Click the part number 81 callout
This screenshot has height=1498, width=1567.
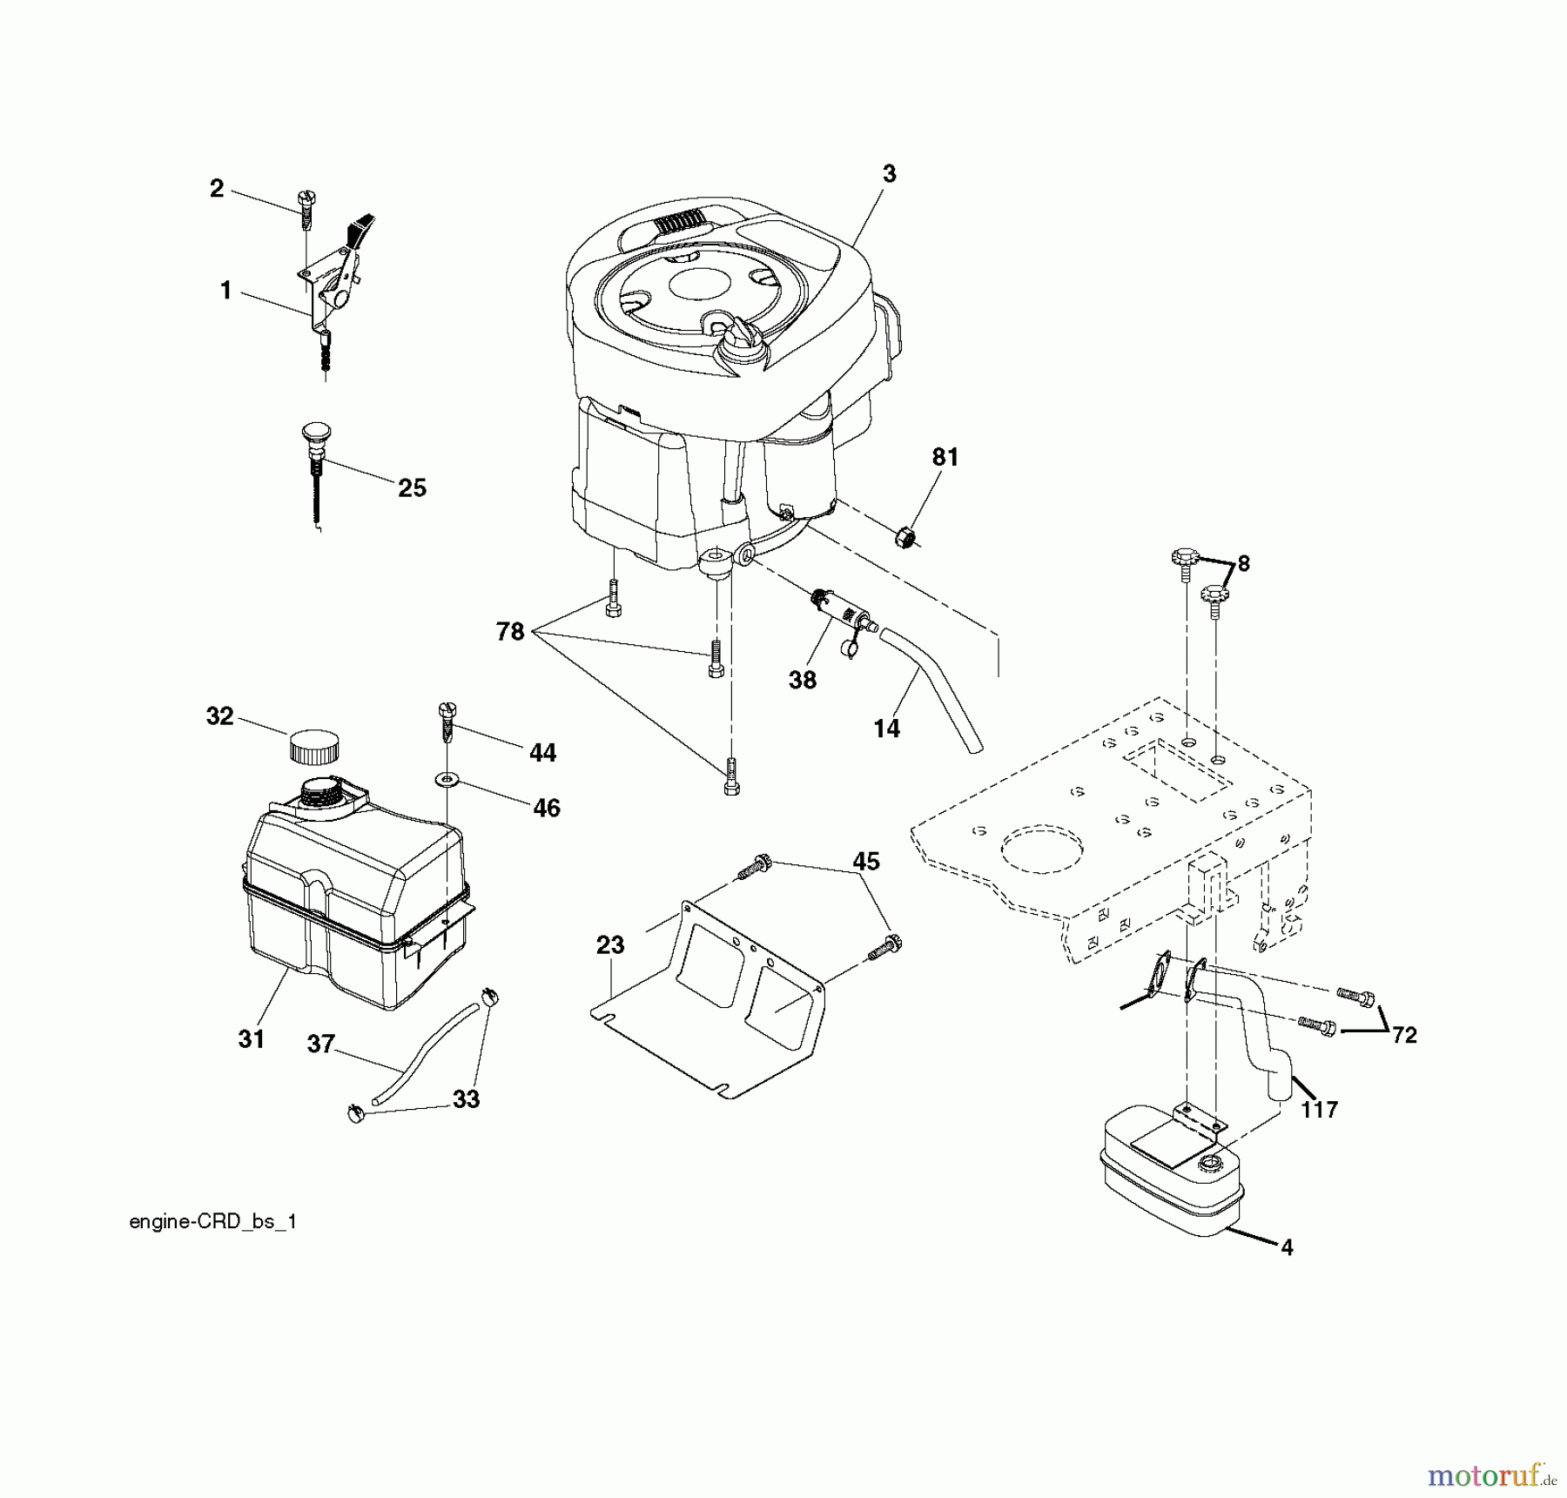point(945,458)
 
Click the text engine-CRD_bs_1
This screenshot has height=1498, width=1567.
point(213,1222)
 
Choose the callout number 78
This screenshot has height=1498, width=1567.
point(510,632)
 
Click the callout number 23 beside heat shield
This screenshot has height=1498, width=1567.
point(610,945)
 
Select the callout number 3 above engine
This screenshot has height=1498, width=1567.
point(889,174)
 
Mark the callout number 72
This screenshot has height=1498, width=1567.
point(1404,1035)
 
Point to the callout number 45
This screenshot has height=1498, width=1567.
point(865,862)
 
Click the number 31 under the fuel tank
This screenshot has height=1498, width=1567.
point(252,1039)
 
